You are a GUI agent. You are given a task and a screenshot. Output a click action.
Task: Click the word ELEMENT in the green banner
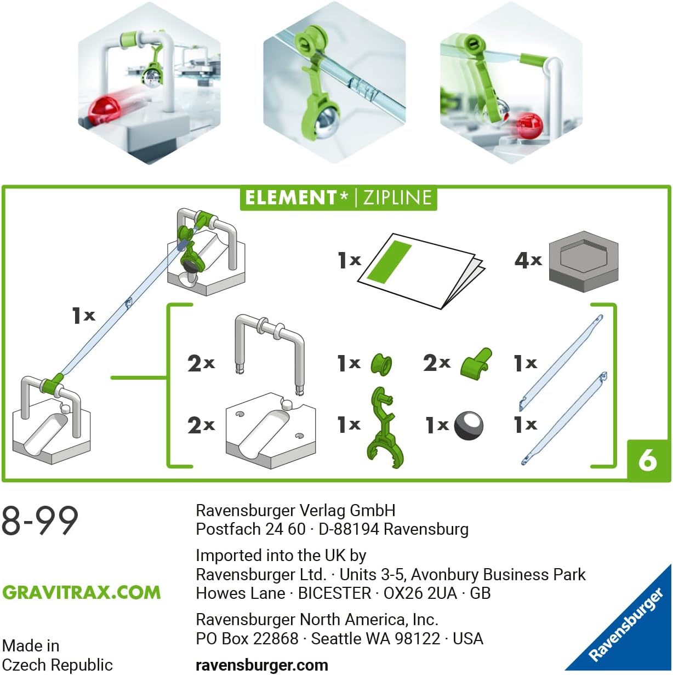coord(290,198)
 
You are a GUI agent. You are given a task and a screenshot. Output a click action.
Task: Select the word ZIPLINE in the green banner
coord(397,198)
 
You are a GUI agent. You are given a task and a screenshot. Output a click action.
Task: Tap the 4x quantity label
coord(528,260)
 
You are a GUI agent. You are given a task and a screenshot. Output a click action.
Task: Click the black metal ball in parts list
coord(469,425)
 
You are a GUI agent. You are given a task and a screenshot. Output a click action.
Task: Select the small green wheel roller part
coord(381,364)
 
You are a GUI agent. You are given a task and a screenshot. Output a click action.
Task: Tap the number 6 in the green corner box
coord(647,460)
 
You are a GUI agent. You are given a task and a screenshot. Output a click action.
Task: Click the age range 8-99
coord(40,520)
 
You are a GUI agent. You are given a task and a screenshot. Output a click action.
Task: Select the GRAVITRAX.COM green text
coord(82,592)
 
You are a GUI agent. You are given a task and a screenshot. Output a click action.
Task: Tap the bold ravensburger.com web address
coord(261,665)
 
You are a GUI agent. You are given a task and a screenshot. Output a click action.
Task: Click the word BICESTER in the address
coord(334,593)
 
